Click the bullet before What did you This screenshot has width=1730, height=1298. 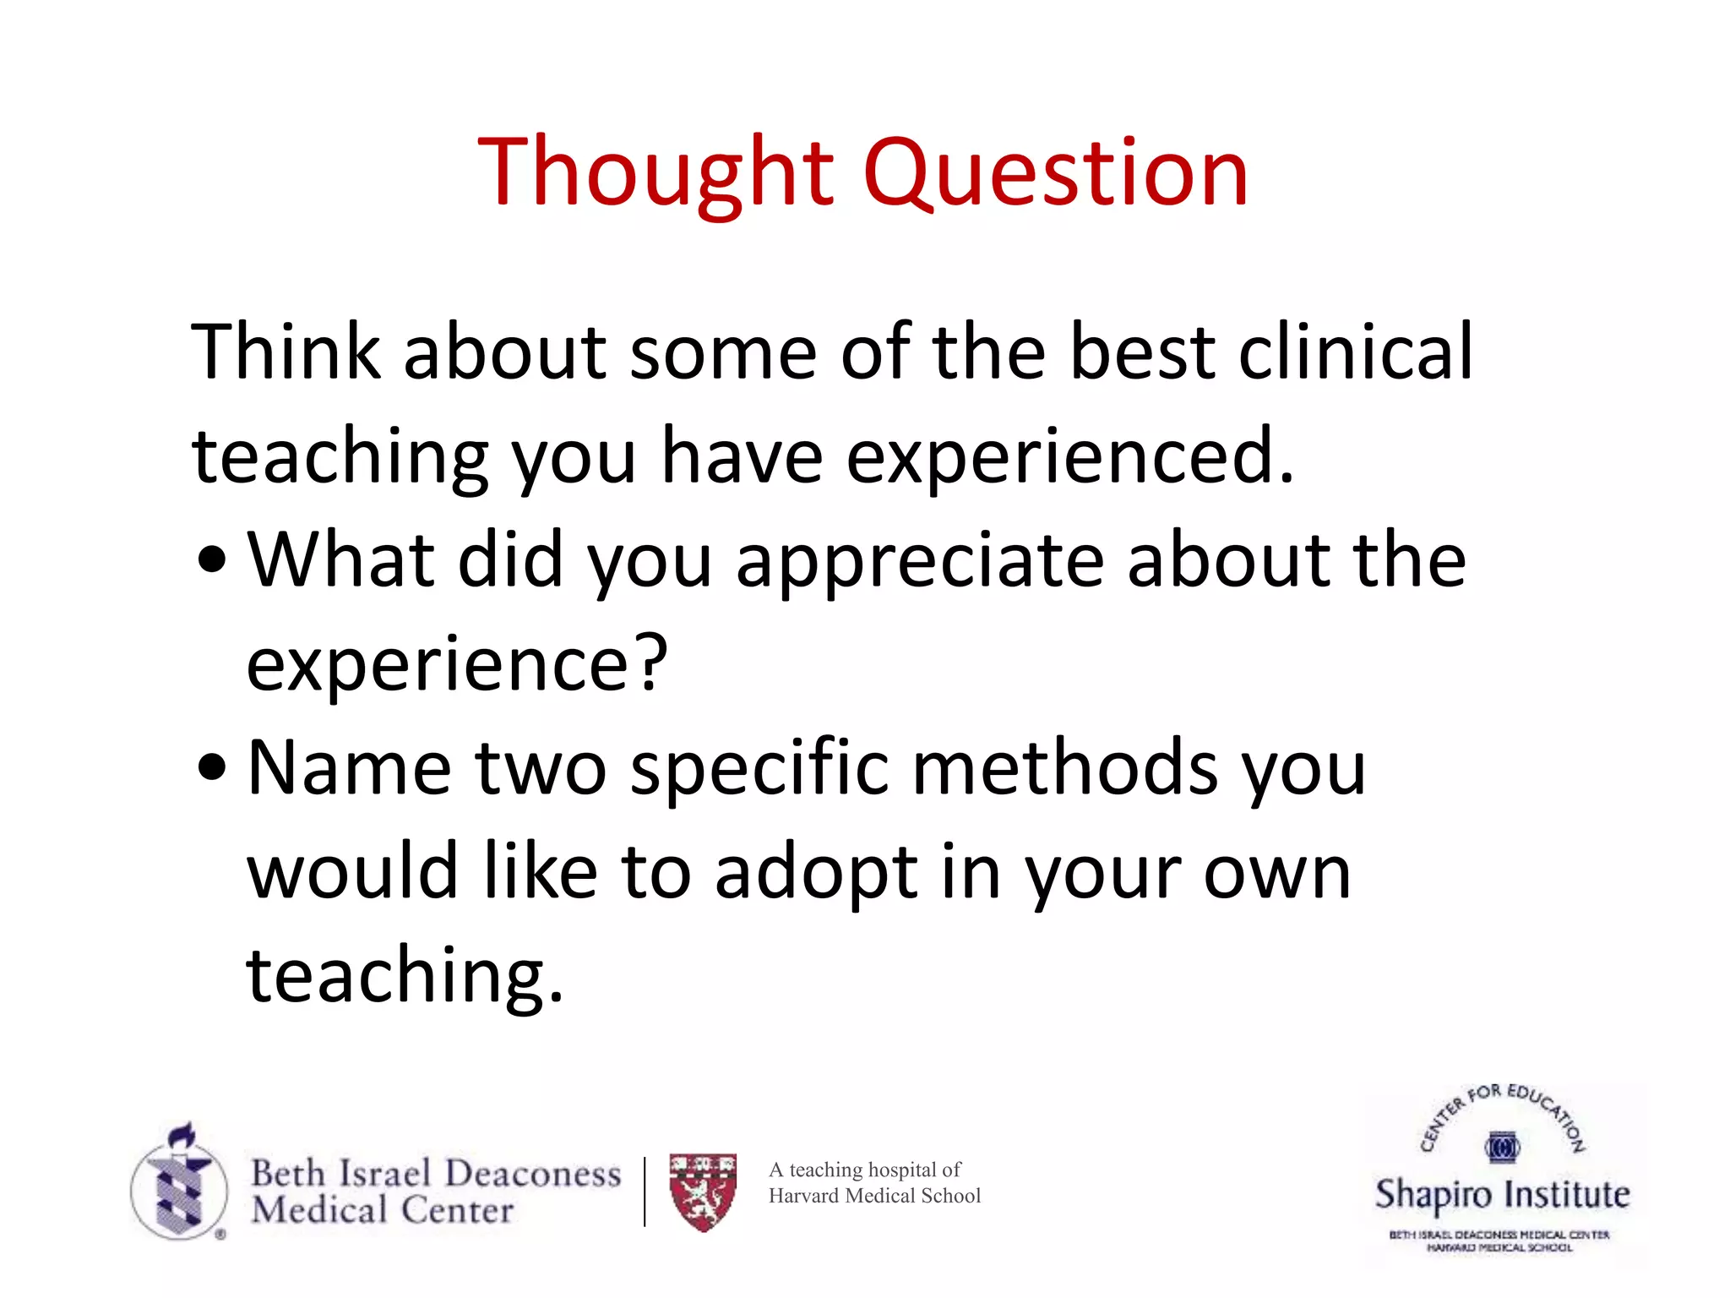click(211, 561)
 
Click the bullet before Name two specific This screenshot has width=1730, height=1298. click(211, 768)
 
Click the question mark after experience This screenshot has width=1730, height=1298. click(652, 664)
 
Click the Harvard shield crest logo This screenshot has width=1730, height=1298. click(703, 1192)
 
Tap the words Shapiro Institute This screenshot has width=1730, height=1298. click(1502, 1195)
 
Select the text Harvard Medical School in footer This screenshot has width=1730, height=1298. click(874, 1196)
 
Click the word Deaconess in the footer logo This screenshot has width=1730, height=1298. click(532, 1174)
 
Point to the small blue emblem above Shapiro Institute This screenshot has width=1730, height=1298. click(1502, 1148)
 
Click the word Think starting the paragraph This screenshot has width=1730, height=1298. click(286, 352)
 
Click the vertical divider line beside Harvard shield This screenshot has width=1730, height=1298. click(645, 1192)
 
